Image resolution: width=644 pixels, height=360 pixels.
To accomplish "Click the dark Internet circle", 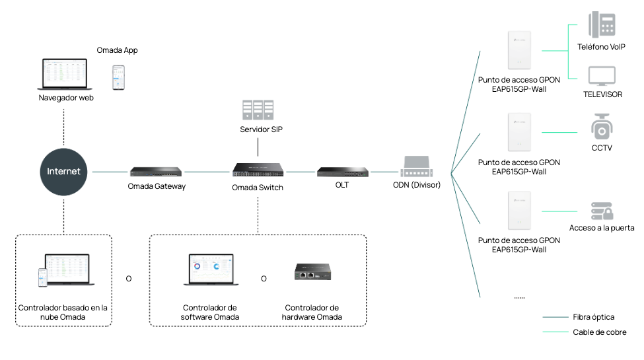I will click(63, 171).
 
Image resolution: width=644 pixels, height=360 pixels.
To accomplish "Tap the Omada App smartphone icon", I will click(118, 77).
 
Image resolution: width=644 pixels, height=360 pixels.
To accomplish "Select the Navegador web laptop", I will click(63, 75).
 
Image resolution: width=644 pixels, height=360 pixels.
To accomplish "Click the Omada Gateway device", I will click(156, 172).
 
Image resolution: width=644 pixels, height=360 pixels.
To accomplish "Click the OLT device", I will click(341, 172).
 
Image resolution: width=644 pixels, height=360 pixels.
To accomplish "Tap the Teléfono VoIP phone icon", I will click(602, 25).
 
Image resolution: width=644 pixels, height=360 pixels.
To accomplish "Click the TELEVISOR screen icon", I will click(602, 76).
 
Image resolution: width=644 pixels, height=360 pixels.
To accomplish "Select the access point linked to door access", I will click(519, 211).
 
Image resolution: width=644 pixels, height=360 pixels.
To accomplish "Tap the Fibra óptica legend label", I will click(594, 317).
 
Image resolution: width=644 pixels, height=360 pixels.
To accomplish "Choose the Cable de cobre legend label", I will click(599, 332).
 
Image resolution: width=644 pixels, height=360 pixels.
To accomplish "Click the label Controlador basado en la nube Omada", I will click(63, 312).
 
